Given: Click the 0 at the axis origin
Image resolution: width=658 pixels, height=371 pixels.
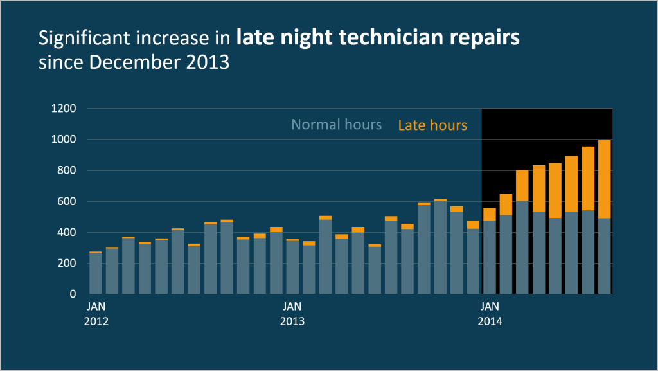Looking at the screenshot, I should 72,294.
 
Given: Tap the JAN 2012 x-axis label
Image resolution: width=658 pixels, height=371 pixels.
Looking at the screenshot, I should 96,313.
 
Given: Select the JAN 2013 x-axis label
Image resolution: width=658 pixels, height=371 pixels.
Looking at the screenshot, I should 292,313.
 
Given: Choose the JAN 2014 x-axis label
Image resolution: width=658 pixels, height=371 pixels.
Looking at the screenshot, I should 490,313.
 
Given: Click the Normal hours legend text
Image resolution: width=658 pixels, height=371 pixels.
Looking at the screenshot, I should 336,125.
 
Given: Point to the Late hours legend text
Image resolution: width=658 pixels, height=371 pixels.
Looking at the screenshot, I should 432,125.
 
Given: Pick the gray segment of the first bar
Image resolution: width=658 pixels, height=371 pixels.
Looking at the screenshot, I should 95,273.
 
